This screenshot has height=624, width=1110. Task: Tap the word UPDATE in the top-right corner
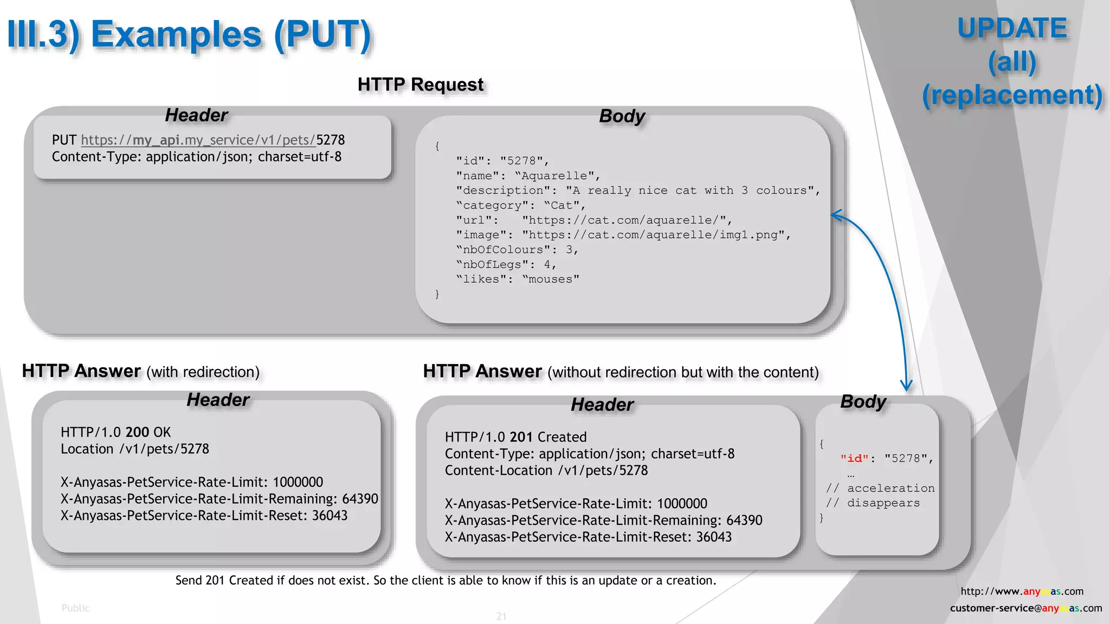click(x=1012, y=28)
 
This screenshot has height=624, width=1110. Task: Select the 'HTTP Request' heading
click(x=420, y=84)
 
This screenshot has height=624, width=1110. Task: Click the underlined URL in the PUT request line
click(x=198, y=140)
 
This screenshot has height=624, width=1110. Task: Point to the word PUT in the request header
click(x=64, y=140)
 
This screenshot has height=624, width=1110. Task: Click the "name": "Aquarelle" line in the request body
click(x=528, y=175)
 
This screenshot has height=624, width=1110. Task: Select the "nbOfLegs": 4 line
click(x=506, y=264)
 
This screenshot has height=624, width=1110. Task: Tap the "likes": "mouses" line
click(x=518, y=279)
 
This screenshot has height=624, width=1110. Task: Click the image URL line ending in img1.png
click(x=623, y=235)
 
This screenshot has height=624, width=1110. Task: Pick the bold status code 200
click(x=137, y=432)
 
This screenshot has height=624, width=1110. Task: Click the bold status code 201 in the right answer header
click(x=521, y=437)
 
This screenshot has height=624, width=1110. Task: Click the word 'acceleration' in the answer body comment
click(x=890, y=488)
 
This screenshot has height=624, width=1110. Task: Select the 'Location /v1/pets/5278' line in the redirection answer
click(x=134, y=449)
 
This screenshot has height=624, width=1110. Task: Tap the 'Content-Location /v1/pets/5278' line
click(x=546, y=471)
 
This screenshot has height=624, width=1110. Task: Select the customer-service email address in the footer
click(x=1025, y=608)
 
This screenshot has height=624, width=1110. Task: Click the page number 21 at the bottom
click(x=501, y=616)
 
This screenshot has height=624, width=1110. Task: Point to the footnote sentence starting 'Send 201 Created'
click(x=446, y=581)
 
